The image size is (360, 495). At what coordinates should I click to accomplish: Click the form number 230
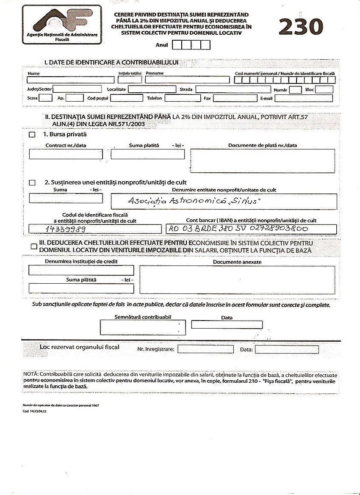tap(301, 27)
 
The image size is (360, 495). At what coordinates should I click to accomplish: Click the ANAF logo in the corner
tap(62, 25)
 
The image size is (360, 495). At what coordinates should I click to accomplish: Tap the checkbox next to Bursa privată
tap(32, 135)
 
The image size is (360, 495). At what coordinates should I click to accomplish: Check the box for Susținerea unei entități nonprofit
tap(32, 183)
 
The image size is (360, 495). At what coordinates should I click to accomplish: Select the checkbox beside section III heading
tap(33, 246)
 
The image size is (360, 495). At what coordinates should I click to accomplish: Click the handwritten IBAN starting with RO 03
tap(238, 229)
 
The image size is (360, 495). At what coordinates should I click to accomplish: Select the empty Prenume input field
tap(187, 80)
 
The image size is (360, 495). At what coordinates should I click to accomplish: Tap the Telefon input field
tap(183, 98)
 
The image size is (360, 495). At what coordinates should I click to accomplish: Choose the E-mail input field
tap(304, 98)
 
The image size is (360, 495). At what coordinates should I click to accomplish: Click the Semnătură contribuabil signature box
tap(142, 327)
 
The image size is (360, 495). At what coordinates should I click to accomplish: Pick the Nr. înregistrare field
tap(205, 349)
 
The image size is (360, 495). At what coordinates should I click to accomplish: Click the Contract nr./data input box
tap(66, 154)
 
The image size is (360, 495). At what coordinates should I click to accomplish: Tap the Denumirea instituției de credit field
tap(81, 270)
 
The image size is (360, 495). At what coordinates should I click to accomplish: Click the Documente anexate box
tap(237, 279)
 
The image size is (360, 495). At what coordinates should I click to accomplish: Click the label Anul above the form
tap(162, 45)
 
